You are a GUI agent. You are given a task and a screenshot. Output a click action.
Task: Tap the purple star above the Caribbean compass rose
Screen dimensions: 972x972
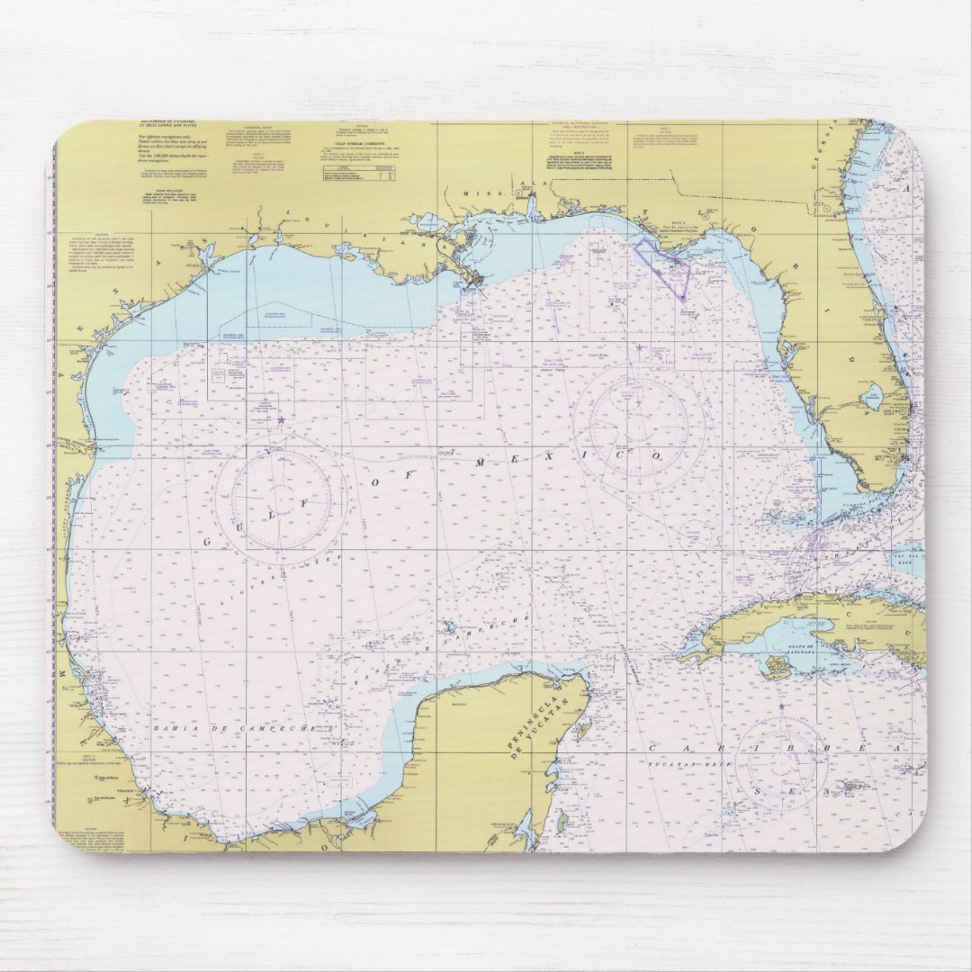coord(781,706)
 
